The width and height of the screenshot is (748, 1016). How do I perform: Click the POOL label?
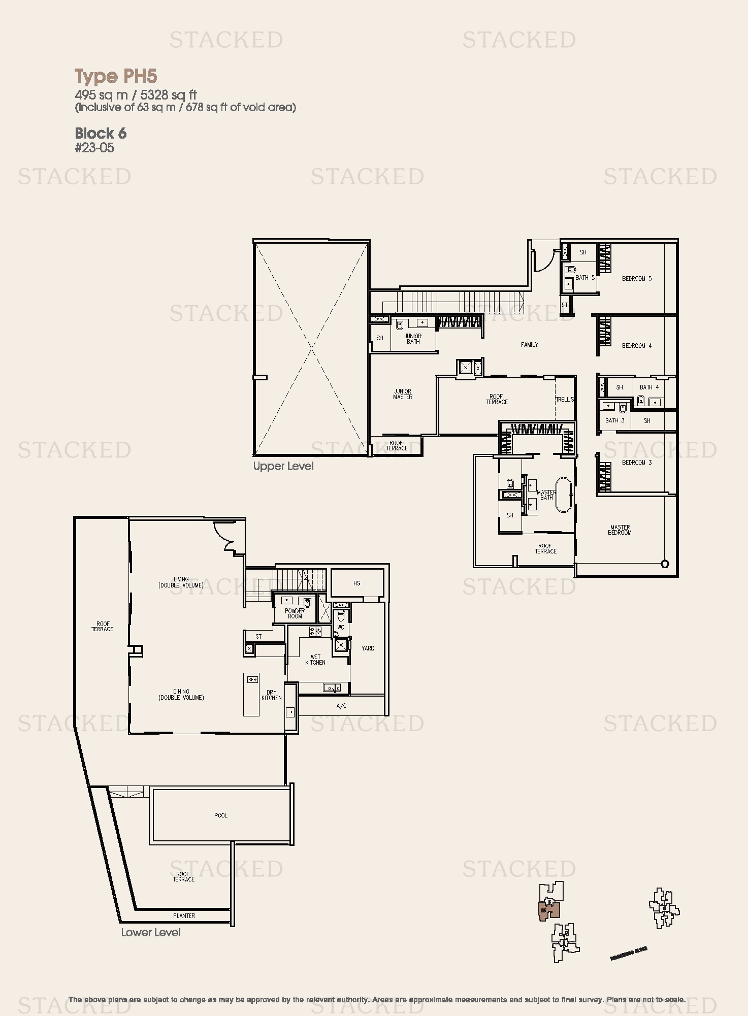click(x=220, y=815)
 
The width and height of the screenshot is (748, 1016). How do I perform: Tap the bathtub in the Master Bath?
click(x=564, y=495)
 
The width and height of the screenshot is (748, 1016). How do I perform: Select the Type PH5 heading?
click(x=116, y=76)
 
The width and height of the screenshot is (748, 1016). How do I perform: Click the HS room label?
click(x=356, y=583)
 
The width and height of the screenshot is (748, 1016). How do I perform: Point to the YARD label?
click(x=368, y=648)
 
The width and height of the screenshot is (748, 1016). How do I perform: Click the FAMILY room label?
click(x=529, y=345)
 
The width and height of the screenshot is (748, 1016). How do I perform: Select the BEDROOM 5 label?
click(x=636, y=279)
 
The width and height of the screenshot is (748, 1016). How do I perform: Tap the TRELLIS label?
click(x=565, y=400)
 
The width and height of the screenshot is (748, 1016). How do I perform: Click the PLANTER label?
click(x=184, y=916)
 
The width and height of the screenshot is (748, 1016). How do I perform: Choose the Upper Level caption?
click(x=283, y=466)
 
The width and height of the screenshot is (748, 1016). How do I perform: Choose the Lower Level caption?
click(x=151, y=933)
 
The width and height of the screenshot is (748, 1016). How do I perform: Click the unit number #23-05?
click(x=94, y=148)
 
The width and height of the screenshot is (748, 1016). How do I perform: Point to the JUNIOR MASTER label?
click(x=402, y=394)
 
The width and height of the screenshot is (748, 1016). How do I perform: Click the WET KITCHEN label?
click(x=315, y=660)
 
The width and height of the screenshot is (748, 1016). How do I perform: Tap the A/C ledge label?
click(x=341, y=706)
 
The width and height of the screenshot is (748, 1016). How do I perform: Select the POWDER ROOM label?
click(x=295, y=613)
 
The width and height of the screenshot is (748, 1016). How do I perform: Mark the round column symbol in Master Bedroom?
click(x=665, y=564)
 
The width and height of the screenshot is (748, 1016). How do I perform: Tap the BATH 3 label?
click(x=614, y=420)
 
